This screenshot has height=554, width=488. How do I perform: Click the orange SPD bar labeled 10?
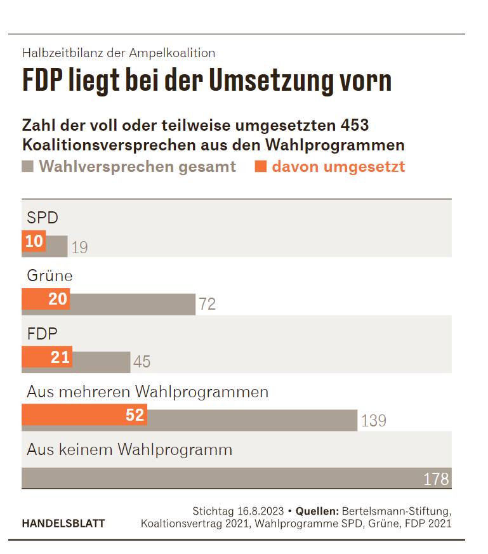34,241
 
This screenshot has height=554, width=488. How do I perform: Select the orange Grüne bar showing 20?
46,299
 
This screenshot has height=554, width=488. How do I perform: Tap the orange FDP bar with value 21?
47,357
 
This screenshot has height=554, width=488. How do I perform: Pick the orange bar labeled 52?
84,415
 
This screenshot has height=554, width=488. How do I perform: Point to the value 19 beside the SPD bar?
79,247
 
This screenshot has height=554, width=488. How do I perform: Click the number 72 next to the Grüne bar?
207,305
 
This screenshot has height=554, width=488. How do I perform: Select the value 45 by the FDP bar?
142,362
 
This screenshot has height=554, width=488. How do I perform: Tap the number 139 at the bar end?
373,421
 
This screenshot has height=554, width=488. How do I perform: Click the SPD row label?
43,218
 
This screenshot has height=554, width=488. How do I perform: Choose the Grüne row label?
49,276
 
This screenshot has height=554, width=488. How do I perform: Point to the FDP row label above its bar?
43,334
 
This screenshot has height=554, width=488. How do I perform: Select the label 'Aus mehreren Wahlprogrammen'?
147,392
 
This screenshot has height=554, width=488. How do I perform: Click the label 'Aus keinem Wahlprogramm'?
129,450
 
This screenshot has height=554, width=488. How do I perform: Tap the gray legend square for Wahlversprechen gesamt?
27,167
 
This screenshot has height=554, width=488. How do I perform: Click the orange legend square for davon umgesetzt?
260,167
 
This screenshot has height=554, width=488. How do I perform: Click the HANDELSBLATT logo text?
63,524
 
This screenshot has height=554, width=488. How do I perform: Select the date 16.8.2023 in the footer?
260,511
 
